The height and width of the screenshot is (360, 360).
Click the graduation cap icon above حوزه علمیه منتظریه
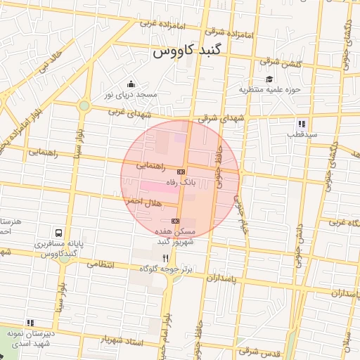coord(269,79)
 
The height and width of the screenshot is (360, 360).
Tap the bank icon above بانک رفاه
coord(181,172)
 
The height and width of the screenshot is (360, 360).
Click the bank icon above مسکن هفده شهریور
coord(174,221)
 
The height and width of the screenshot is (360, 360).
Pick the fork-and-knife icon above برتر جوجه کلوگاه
coord(165,258)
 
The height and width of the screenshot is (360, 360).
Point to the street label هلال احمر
coord(144,202)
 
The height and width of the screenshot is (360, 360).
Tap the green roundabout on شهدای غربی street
coord(84,106)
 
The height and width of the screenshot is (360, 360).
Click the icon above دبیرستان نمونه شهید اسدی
coord(30,323)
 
